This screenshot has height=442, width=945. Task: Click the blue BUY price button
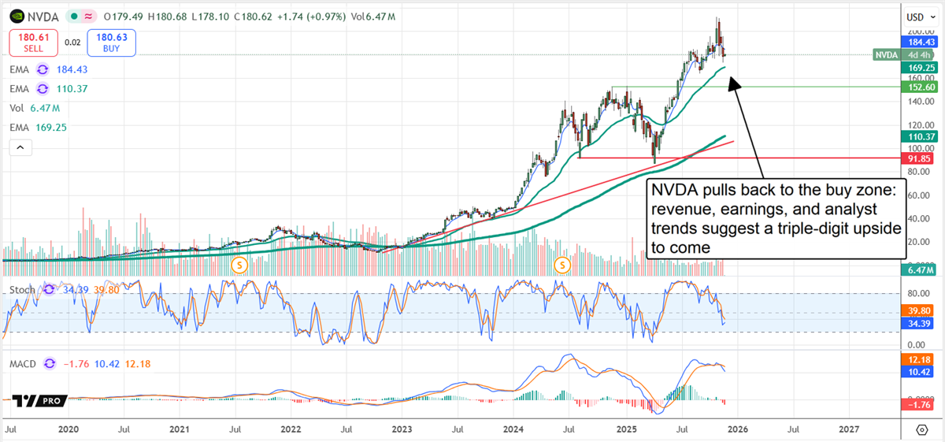(113, 43)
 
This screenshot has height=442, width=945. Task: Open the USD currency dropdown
(917, 16)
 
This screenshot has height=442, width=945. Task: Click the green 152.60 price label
(917, 87)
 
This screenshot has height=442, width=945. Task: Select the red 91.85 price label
(917, 158)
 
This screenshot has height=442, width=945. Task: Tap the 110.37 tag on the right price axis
(917, 136)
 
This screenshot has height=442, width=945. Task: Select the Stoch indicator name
(22, 290)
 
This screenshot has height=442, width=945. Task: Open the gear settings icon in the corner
(922, 429)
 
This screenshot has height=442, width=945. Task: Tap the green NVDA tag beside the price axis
(887, 55)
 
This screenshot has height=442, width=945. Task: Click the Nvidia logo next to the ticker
(17, 16)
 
